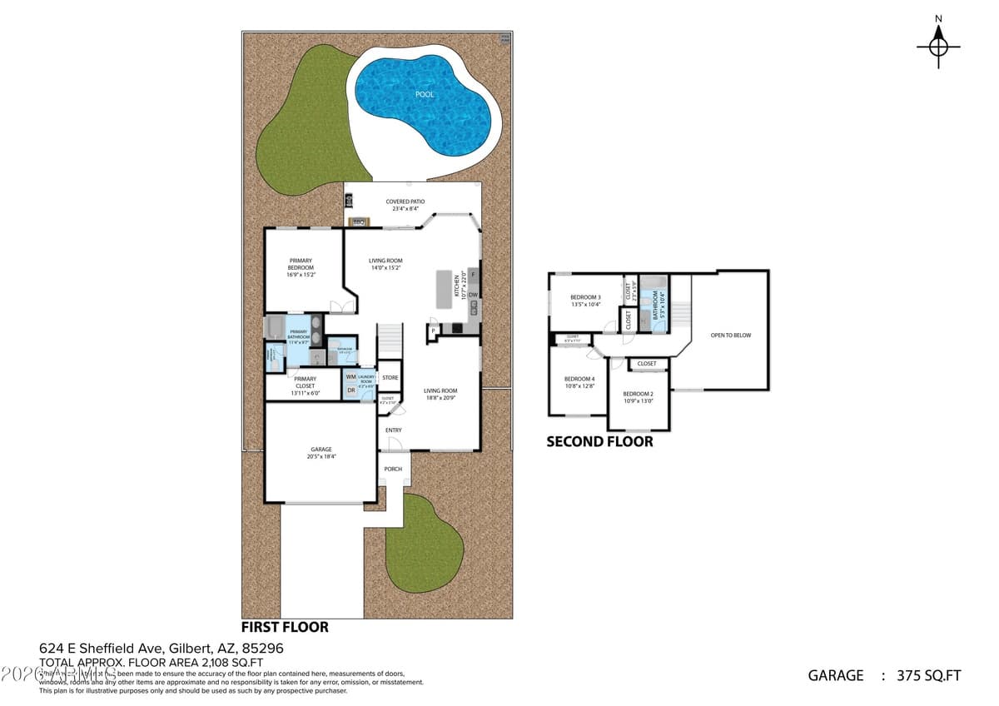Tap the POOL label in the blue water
pyautogui.click(x=425, y=95)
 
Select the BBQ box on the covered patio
pyautogui.click(x=359, y=221)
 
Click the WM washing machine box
pyautogui.click(x=350, y=377)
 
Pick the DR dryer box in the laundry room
pyautogui.click(x=350, y=390)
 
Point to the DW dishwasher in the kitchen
pyautogui.click(x=473, y=295)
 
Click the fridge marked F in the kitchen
pyautogui.click(x=473, y=274)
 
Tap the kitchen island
pyautogui.click(x=442, y=290)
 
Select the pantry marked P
pyautogui.click(x=433, y=331)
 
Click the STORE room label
pyautogui.click(x=390, y=378)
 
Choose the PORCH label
pyautogui.click(x=393, y=469)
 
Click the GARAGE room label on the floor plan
pyautogui.click(x=321, y=450)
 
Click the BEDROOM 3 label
pyautogui.click(x=585, y=297)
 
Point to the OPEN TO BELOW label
pyautogui.click(x=730, y=336)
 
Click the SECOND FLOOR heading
pyautogui.click(x=599, y=442)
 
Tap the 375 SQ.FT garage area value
pyautogui.click(x=931, y=675)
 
